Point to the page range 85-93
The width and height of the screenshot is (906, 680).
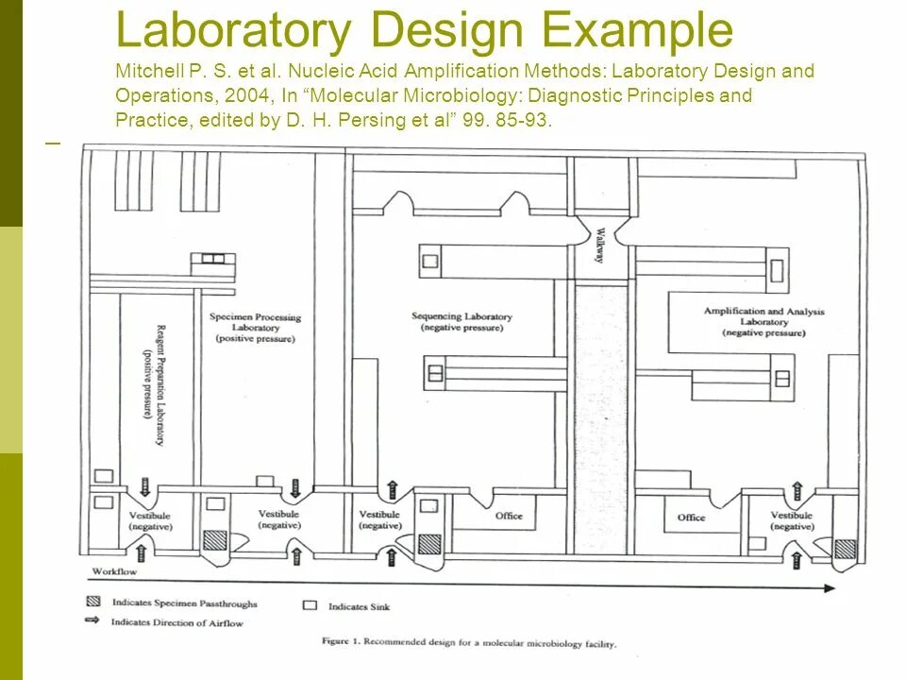[525, 120]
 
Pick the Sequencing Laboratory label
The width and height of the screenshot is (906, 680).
[461, 322]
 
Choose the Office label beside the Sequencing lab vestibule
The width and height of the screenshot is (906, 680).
[509, 516]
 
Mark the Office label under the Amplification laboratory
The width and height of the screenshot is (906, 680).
[691, 518]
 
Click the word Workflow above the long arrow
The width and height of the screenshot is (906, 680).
[114, 572]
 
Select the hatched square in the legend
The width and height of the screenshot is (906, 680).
[92, 602]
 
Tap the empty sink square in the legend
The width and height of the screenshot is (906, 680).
[310, 604]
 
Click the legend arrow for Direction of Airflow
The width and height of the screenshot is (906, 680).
[92, 621]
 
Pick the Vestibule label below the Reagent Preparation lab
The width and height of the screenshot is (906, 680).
[150, 521]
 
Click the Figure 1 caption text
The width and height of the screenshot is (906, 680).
[468, 644]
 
